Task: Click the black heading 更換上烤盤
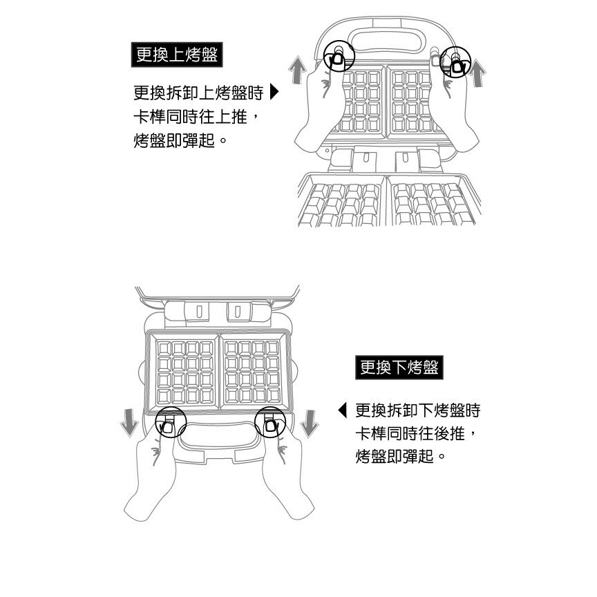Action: [177, 55]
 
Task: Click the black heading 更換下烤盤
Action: [399, 368]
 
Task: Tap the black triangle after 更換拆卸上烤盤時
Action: [274, 92]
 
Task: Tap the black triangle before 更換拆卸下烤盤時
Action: [342, 410]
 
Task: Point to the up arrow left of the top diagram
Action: [297, 70]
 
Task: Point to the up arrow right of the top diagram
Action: [477, 73]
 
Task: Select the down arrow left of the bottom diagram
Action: [129, 423]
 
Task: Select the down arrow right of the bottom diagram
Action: [310, 424]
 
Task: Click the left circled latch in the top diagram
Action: [339, 56]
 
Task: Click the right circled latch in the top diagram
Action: [455, 62]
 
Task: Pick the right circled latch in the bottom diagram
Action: [270, 422]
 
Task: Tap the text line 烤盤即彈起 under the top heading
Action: [174, 140]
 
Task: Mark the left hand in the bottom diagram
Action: [152, 472]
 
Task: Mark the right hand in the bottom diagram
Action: [286, 472]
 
